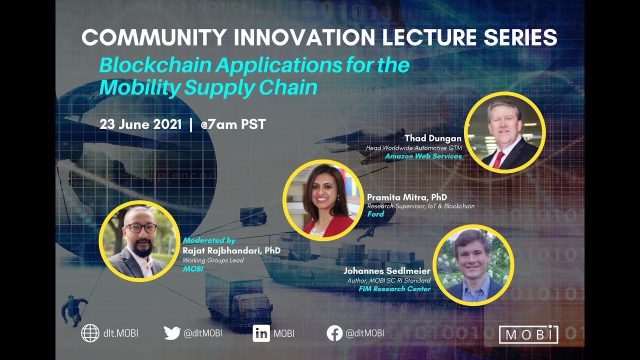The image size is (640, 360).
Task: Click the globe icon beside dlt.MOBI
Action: pos(90,333)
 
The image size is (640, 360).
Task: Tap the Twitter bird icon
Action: pos(172,333)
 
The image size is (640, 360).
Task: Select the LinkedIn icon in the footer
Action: pos(261,333)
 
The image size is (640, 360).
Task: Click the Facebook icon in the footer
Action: pos(334,333)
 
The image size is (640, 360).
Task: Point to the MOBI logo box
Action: pos(528,334)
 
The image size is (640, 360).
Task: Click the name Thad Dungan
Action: pos(433,138)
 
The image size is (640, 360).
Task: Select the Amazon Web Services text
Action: pos(423,156)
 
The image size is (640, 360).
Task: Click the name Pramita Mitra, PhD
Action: pos(407,197)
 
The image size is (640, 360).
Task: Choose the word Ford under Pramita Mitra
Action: pos(375,214)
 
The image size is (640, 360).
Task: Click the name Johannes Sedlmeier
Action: pos(386,271)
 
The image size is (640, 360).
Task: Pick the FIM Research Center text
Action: pos(394,288)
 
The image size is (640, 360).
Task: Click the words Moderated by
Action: pos(209,240)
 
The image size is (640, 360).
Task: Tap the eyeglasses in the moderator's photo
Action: pos(141,228)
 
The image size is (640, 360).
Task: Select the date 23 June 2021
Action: pos(140,124)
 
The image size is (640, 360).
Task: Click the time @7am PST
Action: pos(233,124)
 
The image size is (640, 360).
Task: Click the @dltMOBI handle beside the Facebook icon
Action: pos(365,333)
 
